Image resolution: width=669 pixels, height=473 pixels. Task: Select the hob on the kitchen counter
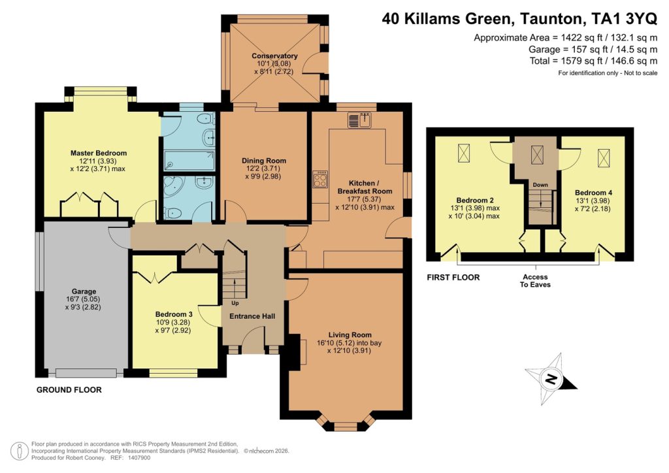point(321,178)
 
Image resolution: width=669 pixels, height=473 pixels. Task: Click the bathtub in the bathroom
point(189,159)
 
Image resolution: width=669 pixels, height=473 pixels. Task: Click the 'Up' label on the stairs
point(234,303)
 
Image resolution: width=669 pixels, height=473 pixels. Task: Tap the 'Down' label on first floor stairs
point(540,185)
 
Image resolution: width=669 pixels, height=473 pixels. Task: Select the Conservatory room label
point(274,56)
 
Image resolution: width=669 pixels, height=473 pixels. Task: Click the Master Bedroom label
point(99,153)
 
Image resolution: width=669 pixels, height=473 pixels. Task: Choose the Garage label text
point(84,291)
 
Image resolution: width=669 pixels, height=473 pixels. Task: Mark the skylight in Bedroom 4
point(604,157)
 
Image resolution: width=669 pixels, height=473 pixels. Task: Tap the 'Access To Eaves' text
point(535,280)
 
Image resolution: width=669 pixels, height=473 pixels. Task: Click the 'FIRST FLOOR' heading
point(453,278)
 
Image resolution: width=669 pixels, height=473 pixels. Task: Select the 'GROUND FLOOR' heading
point(69,390)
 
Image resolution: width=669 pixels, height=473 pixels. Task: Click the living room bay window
point(346,425)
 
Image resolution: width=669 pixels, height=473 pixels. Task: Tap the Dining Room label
point(264,161)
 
